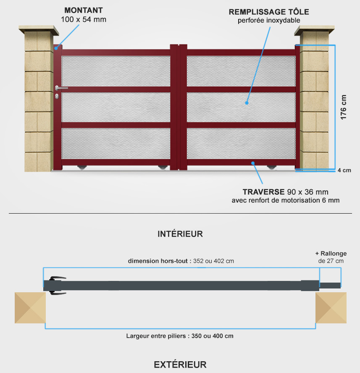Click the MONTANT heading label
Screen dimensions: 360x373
[84, 11]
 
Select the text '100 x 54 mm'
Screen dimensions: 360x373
[84, 19]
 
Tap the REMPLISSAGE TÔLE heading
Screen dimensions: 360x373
[269, 11]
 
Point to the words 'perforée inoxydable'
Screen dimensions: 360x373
[269, 21]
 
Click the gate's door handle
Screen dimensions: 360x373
[61, 88]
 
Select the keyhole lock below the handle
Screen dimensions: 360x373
[57, 96]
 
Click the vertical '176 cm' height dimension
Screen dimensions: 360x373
[343, 107]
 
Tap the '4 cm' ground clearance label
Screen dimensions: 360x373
[344, 170]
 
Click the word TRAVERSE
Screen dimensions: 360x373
[263, 192]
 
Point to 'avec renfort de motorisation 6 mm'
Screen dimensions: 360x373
[285, 200]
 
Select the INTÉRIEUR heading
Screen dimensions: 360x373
[180, 234]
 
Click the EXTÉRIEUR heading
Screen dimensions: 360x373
[180, 365]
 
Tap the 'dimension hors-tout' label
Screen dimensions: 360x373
[158, 261]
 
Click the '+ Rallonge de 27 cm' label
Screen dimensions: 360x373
[331, 257]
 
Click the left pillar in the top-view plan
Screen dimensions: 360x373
[30, 307]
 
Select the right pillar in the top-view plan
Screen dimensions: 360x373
[331, 307]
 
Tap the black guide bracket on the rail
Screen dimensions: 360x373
[57, 286]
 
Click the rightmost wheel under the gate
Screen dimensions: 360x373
[271, 167]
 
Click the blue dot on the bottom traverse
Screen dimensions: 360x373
[253, 163]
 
